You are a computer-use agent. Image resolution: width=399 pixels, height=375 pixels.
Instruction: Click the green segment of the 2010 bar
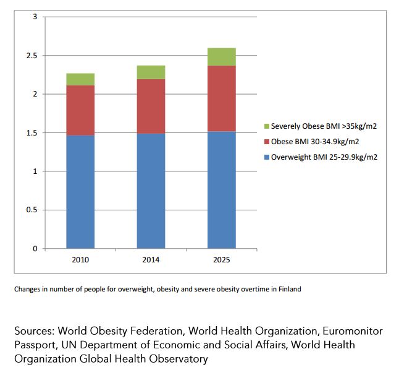pos(80,79)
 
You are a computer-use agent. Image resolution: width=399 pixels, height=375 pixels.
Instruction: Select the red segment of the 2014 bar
pos(151,106)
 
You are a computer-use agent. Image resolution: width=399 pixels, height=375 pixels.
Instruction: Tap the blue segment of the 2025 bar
pos(222,190)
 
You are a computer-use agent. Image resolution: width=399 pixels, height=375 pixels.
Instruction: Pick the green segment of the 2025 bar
pos(222,57)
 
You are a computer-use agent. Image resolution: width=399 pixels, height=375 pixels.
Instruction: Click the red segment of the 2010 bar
pos(80,110)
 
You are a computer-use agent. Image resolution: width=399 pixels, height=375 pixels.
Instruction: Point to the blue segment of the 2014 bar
pos(151,191)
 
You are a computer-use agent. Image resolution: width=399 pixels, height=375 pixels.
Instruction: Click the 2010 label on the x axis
pos(80,260)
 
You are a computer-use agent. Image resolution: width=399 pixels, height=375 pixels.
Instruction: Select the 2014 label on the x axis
pos(151,260)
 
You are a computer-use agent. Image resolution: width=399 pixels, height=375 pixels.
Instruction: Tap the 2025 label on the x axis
pos(222,260)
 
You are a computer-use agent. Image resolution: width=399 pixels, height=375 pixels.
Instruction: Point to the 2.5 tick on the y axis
pos(31,56)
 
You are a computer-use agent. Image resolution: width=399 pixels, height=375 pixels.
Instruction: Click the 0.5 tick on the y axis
pos(31,210)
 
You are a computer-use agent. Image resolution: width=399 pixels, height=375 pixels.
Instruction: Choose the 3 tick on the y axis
pos(35,17)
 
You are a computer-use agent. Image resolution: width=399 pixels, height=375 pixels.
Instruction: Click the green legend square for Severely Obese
pos(267,126)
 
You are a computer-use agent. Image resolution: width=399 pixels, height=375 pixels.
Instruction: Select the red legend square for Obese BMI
pos(267,142)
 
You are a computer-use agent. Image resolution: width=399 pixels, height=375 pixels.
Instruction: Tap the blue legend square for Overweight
pos(267,157)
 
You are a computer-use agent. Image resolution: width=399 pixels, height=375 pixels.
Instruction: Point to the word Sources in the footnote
pos(35,331)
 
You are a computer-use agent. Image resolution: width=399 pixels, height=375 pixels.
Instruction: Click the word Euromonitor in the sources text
pos(353,331)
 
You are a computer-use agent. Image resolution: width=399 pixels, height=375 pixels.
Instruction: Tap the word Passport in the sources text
pos(35,345)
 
